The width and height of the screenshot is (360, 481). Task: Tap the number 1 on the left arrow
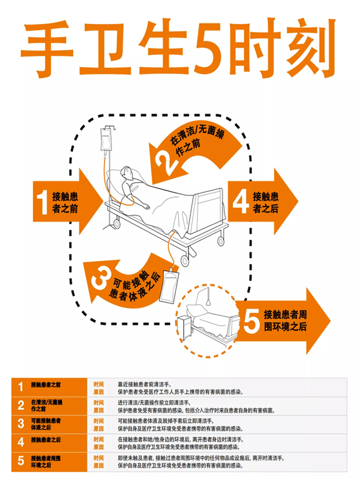tap(43, 201)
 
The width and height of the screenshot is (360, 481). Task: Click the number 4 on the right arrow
tap(241, 201)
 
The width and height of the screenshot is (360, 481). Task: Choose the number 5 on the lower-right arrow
tap(253, 321)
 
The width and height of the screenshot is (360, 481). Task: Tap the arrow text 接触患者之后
tap(266, 201)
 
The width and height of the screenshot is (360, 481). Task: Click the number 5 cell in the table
tap(20, 461)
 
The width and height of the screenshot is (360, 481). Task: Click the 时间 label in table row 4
tap(99, 438)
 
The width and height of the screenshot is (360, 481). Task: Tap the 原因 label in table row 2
tap(99, 409)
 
